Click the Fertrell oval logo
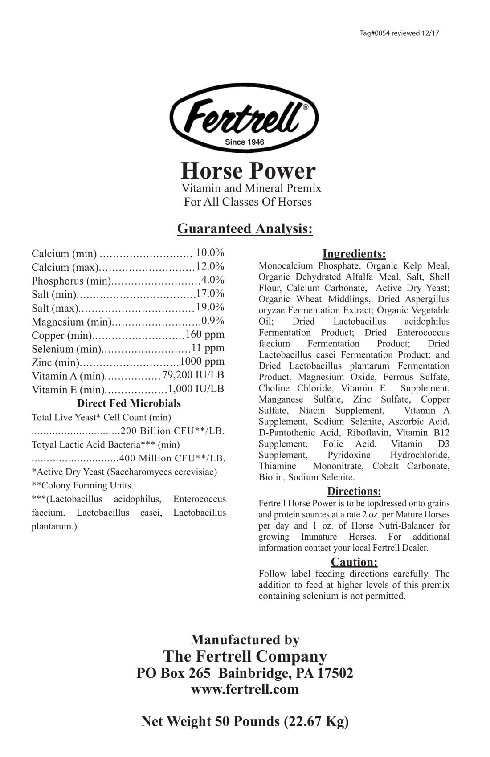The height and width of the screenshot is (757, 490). (244, 117)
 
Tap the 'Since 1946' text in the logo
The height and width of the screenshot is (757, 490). (244, 142)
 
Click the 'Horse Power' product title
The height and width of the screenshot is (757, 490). (248, 171)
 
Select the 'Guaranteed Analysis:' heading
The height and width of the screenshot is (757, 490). (245, 228)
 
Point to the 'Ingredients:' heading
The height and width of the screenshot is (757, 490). (354, 254)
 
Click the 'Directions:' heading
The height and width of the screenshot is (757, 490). (354, 491)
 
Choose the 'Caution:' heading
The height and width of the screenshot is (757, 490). (354, 562)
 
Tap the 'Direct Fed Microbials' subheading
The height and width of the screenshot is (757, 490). (129, 403)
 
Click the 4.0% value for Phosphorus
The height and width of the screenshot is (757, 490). (213, 280)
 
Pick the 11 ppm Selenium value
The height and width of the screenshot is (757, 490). (208, 348)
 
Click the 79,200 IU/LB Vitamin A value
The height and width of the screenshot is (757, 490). (193, 375)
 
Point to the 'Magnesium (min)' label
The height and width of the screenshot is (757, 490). (71, 322)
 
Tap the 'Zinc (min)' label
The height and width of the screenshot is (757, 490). (55, 362)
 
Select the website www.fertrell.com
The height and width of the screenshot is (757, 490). (245, 689)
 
